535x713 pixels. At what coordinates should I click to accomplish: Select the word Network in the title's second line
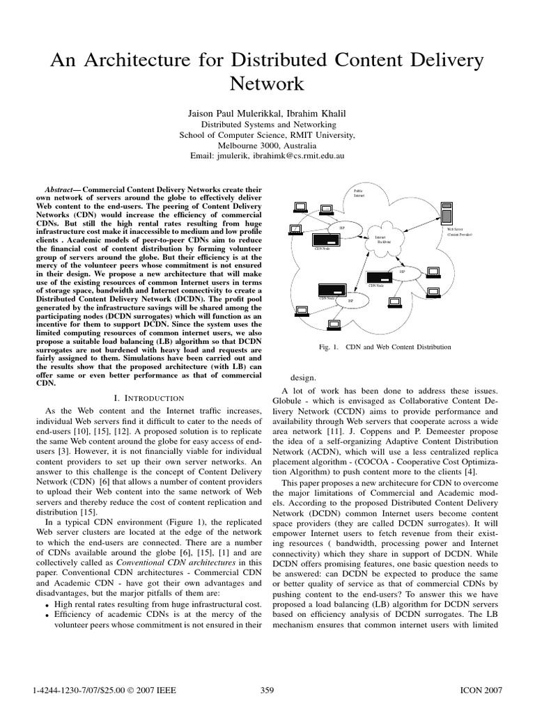267,84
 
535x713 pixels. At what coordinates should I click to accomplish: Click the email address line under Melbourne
267,157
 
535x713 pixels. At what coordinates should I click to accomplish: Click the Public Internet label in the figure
359,194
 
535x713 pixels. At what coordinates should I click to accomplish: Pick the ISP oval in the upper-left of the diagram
341,227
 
